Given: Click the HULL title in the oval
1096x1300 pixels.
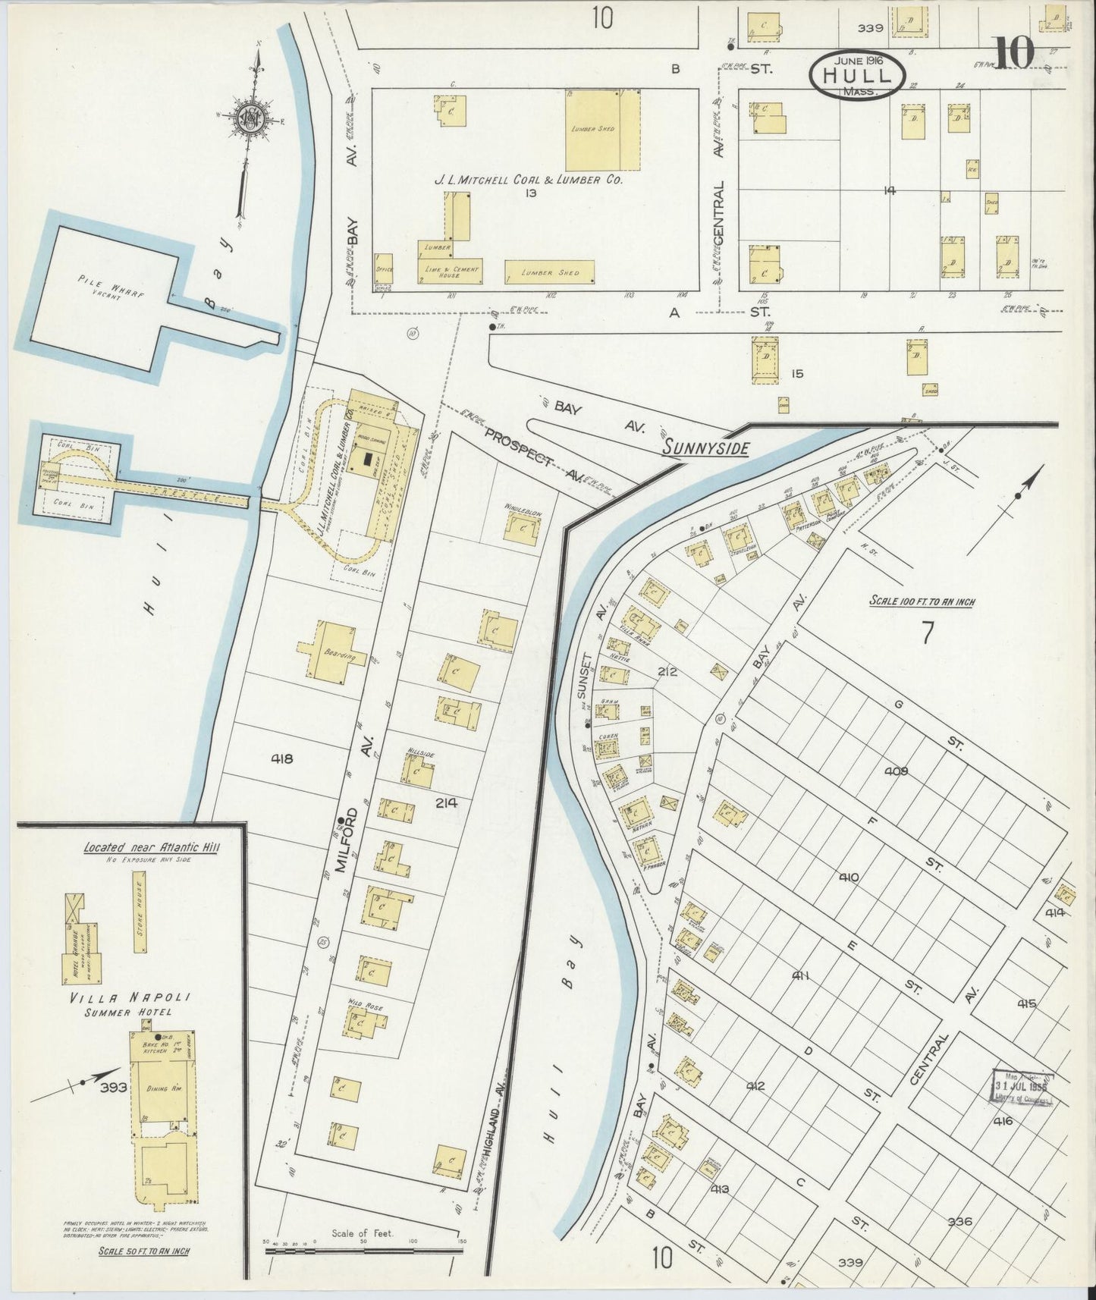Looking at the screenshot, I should click(x=856, y=76).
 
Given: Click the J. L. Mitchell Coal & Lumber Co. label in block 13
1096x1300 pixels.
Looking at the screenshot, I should click(x=528, y=181).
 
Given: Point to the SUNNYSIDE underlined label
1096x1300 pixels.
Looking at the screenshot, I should click(x=705, y=448).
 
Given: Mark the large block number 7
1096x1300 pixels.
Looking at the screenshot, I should click(x=926, y=632).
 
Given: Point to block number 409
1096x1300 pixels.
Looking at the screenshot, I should click(x=896, y=771).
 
